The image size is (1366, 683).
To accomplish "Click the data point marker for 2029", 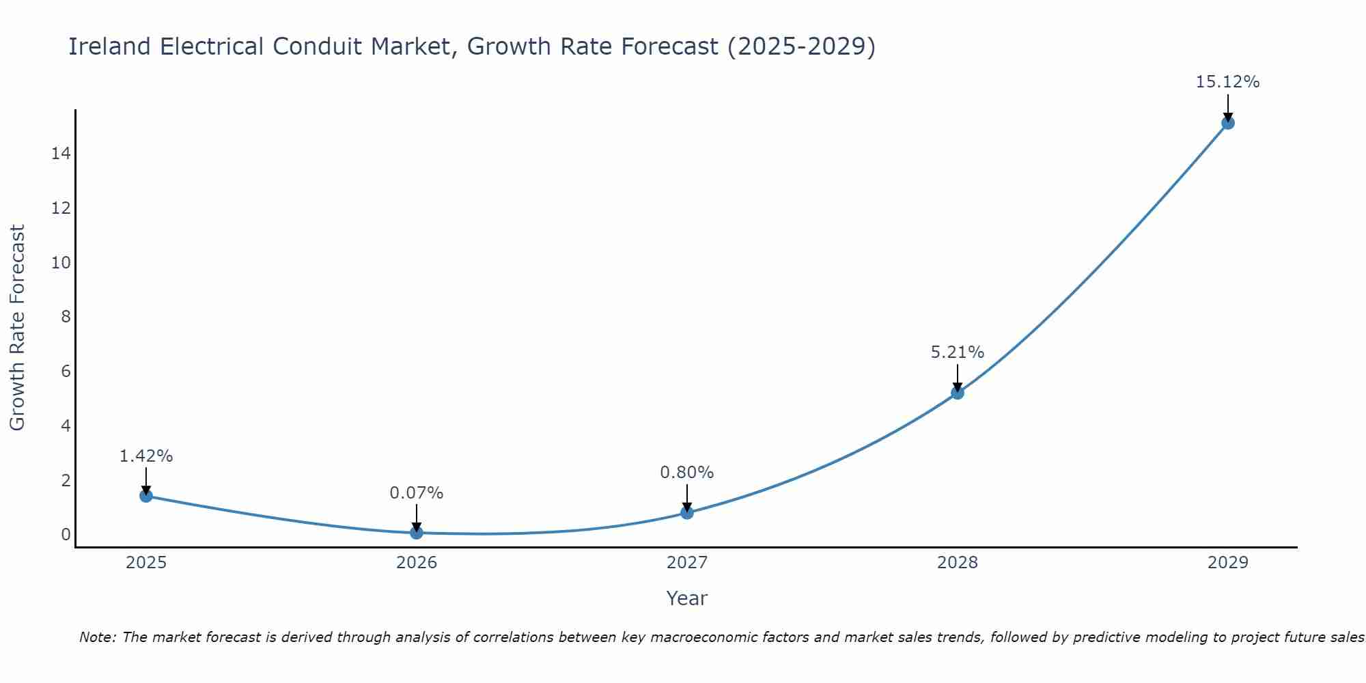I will [1227, 123].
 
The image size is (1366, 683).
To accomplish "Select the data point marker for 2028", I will [957, 393].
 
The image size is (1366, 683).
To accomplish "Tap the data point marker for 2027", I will [686, 512].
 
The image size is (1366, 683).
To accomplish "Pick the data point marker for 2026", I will [416, 532].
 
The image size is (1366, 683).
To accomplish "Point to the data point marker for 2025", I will [145, 495].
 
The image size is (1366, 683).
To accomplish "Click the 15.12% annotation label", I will [1227, 82].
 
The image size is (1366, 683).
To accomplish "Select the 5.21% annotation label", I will [957, 352].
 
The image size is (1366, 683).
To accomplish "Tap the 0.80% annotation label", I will [686, 472].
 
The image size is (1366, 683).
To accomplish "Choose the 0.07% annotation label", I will [416, 492].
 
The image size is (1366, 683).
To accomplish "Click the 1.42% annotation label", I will [145, 456].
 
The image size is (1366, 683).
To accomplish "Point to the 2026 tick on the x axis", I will [417, 563].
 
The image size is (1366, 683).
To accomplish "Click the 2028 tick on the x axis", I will [957, 563].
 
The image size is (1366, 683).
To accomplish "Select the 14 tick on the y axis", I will [61, 154].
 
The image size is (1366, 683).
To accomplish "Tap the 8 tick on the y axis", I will [66, 317].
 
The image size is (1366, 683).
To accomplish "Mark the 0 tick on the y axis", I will [66, 534].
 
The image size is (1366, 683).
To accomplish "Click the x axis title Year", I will [686, 598].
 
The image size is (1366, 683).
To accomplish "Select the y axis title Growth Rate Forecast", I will [17, 327].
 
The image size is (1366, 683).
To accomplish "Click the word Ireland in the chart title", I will [109, 46].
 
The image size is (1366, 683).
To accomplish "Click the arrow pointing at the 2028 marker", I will [957, 377].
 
